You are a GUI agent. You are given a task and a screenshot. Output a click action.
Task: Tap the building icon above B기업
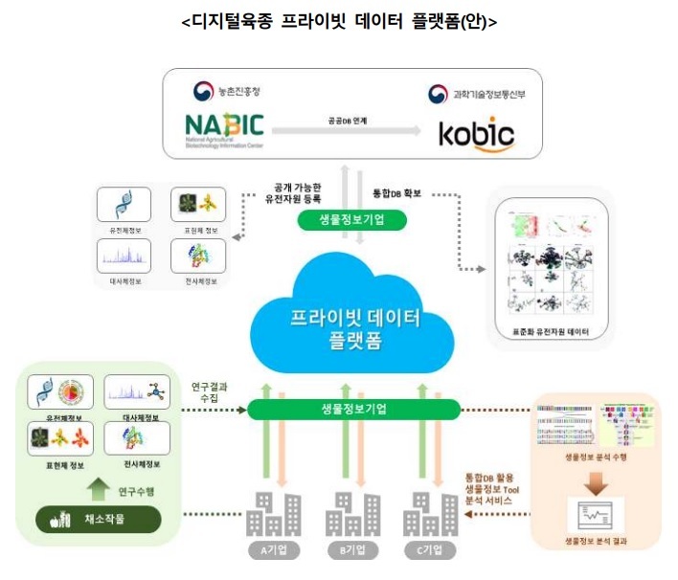coord(351,514)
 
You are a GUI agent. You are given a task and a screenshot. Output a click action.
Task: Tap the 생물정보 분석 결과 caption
coord(595,542)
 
